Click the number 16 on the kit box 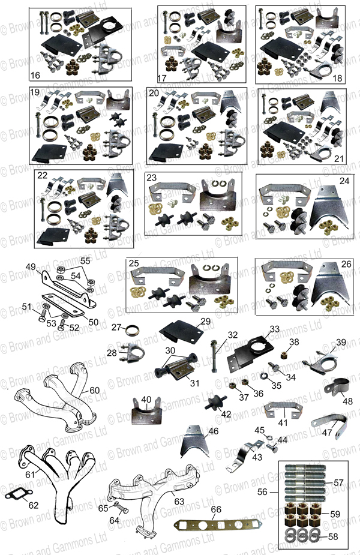35,76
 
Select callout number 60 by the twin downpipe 95,391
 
